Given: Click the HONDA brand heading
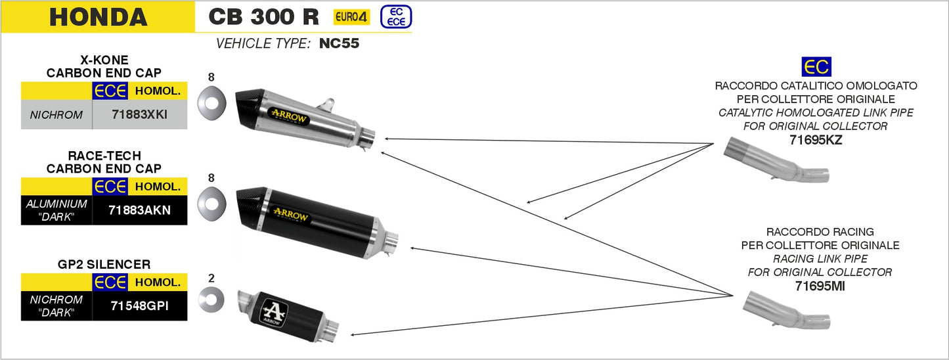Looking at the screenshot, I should [99, 17].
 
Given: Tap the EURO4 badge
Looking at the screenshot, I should [351, 17].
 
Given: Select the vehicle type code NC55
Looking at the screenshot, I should [340, 45].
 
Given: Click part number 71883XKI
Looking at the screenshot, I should [139, 115].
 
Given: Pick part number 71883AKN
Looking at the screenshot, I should [139, 210].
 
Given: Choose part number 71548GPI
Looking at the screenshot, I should [139, 305].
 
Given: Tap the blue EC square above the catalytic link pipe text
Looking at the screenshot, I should [816, 67].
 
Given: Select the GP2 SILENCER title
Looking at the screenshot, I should [104, 265].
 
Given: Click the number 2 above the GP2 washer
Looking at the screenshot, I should [211, 278].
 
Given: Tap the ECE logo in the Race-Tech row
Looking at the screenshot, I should [110, 187].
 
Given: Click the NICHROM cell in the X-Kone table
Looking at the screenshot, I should [56, 115].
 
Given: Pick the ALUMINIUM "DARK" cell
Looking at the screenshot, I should [56, 210].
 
